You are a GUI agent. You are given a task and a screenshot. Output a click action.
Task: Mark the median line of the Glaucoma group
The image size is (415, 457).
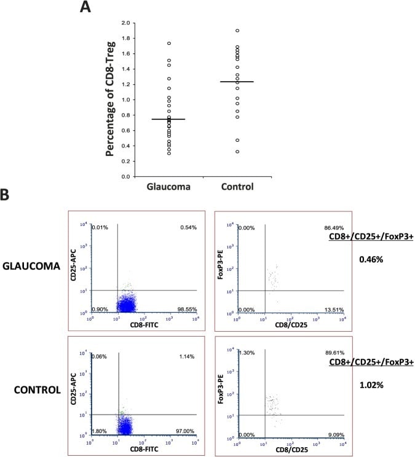[168, 119]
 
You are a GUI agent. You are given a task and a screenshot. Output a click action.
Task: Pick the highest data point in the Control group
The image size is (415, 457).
[237, 31]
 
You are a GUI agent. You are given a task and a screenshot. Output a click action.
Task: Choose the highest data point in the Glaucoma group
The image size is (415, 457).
[168, 44]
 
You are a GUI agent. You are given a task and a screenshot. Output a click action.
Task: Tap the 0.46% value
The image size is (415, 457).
[371, 260]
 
